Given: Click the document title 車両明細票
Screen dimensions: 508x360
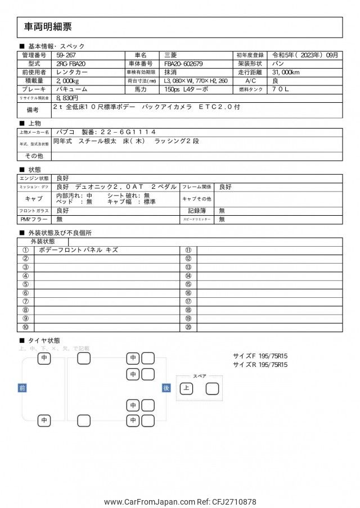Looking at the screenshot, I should pos(48,26).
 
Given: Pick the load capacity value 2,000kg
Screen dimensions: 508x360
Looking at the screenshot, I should pos(70,81).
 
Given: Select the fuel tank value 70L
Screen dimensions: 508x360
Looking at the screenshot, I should pos(282,89).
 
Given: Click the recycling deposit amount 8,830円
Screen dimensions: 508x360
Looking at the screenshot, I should pos(67,98).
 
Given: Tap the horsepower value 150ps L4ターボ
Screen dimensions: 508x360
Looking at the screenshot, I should pos(186,89).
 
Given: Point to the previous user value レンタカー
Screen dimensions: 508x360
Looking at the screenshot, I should pos(71,72).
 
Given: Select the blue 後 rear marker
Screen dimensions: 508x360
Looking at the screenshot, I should pos(166,388).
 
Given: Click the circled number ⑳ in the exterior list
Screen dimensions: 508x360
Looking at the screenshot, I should pos(188,327).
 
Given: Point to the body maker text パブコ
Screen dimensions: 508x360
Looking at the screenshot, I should pos(65,132).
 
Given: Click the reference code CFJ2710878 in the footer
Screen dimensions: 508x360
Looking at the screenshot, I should pos(231,502).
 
